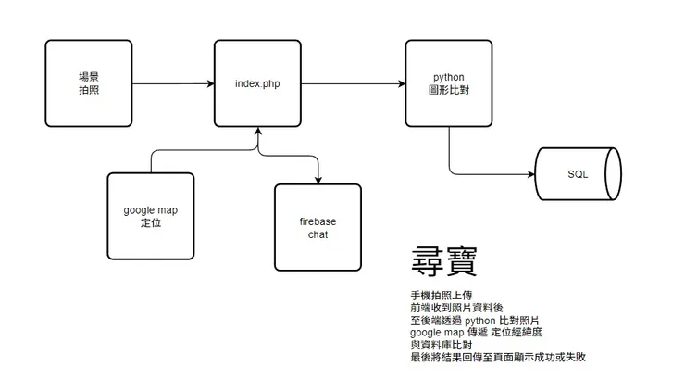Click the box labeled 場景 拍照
(x=89, y=83)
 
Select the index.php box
(x=256, y=83)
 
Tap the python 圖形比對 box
(x=448, y=83)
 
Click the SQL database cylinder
(x=578, y=174)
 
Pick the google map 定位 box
(x=150, y=216)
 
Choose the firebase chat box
(x=318, y=227)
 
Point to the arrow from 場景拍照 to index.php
(x=172, y=84)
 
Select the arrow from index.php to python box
(x=353, y=84)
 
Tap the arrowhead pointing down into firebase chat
(x=318, y=178)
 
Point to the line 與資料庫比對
(x=441, y=344)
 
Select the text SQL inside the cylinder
(x=578, y=174)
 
